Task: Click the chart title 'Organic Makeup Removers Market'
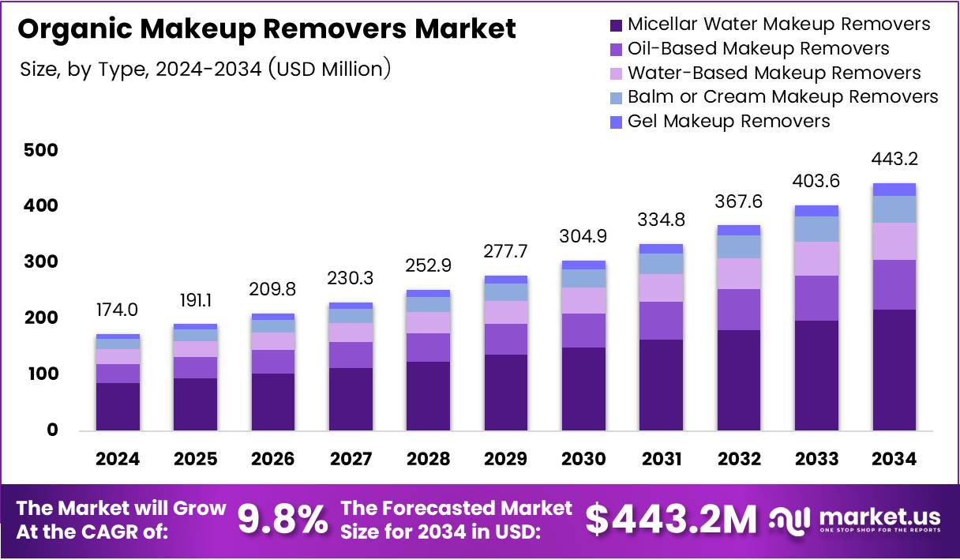pyautogui.click(x=267, y=29)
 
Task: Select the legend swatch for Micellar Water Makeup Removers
pyautogui.click(x=616, y=25)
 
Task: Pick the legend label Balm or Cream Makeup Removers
pyautogui.click(x=782, y=96)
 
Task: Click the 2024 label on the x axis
pyautogui.click(x=118, y=459)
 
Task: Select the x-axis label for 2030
pyautogui.click(x=583, y=459)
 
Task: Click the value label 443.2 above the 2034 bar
pyautogui.click(x=894, y=160)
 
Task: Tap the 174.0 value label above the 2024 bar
pyautogui.click(x=118, y=310)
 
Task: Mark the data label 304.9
pyautogui.click(x=583, y=236)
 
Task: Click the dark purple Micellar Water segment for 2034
pyautogui.click(x=894, y=370)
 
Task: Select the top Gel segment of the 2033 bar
pyautogui.click(x=816, y=211)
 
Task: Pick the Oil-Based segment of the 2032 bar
pyautogui.click(x=739, y=310)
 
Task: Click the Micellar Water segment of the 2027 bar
pyautogui.click(x=351, y=399)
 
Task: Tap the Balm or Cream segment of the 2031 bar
pyautogui.click(x=661, y=264)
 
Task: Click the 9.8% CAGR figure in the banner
pyautogui.click(x=283, y=520)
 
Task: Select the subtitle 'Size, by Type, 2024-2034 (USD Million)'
pyautogui.click(x=205, y=70)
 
